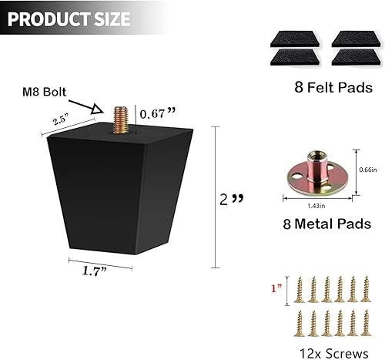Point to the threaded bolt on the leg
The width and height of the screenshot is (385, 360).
tap(123, 118)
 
